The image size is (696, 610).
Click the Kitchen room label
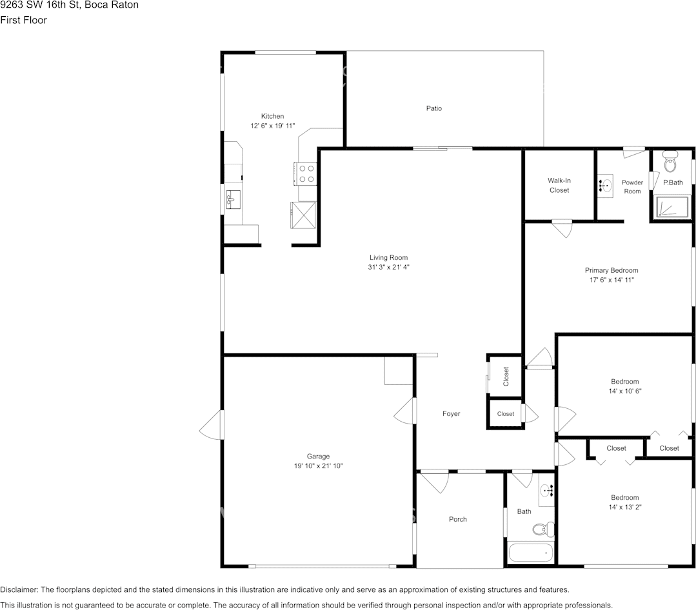[x=272, y=116]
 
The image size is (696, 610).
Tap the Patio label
[x=433, y=108]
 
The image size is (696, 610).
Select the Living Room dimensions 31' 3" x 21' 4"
[x=388, y=267]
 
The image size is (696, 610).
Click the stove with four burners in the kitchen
[x=306, y=173]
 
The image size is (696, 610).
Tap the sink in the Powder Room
[x=605, y=186]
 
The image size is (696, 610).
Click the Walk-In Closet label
[x=559, y=185]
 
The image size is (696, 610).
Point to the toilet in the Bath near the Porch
[x=541, y=529]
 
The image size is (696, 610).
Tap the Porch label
[x=457, y=519]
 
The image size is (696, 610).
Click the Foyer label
[x=451, y=413]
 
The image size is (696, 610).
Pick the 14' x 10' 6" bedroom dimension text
[x=624, y=391]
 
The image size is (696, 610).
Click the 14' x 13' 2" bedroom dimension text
[x=624, y=507]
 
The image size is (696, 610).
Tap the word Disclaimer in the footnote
[x=19, y=589]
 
